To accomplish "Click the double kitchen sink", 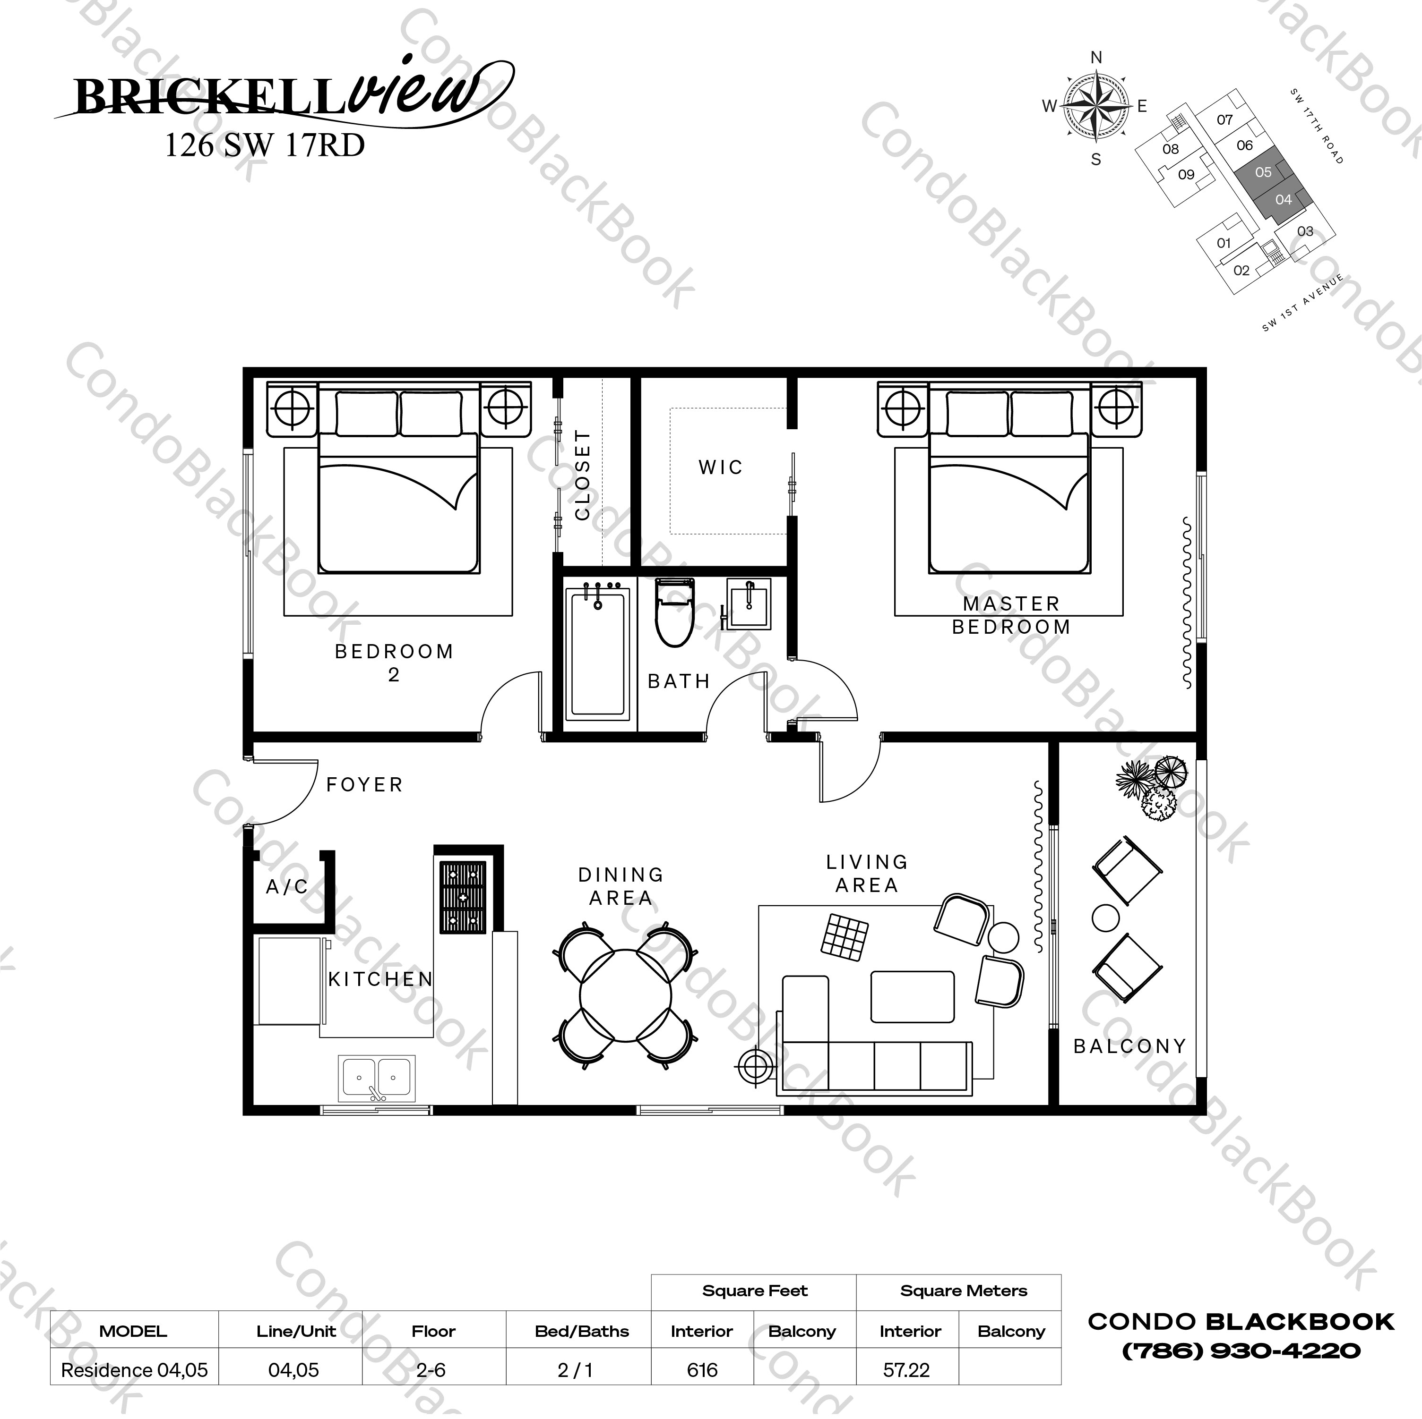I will (376, 1079).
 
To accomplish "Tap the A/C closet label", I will (286, 887).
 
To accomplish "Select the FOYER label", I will (364, 785).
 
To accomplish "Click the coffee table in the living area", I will (912, 997).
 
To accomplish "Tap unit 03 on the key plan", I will (1304, 232).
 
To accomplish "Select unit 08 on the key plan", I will (1170, 149).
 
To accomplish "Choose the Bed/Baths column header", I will (581, 1331).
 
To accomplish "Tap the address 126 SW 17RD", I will (264, 145).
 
